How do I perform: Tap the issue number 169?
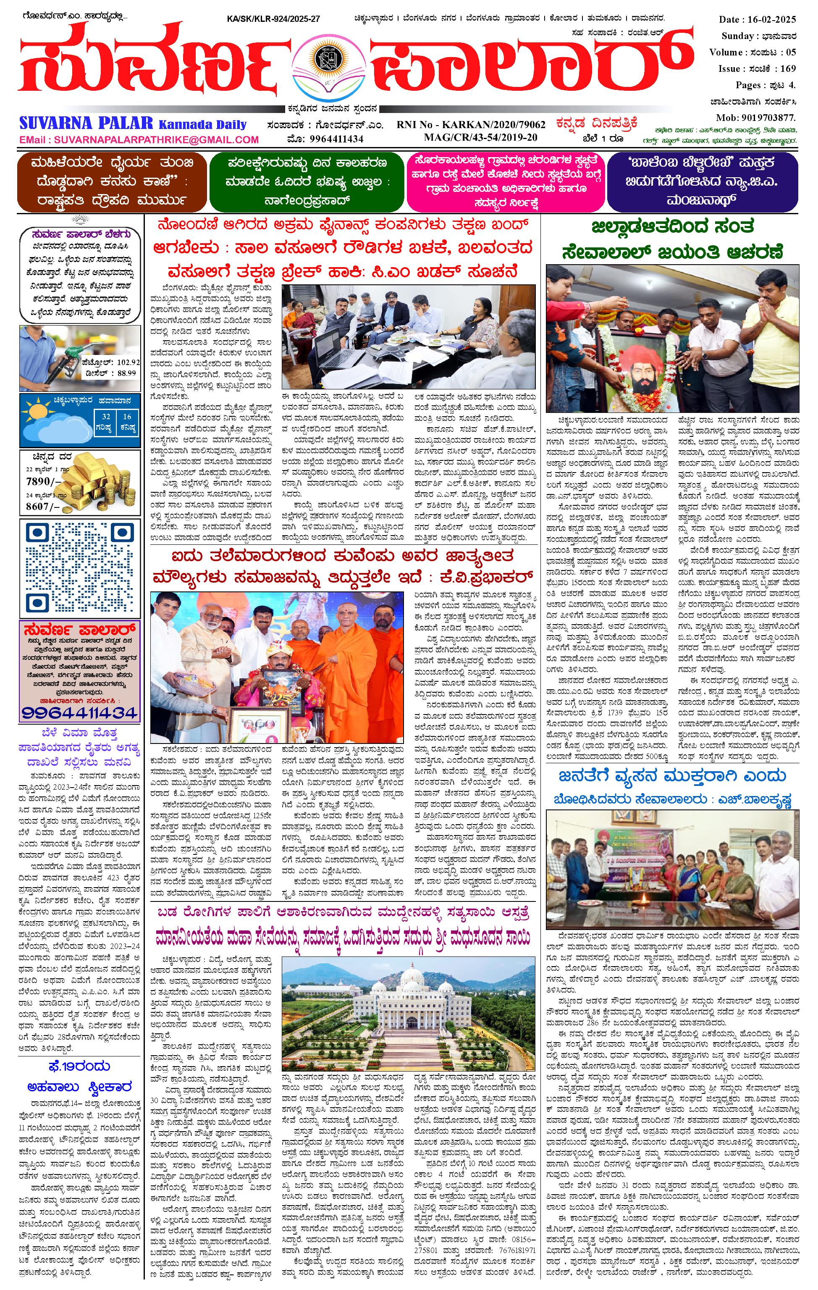click(788, 68)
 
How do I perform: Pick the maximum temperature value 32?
click(107, 416)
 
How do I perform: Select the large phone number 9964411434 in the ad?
click(80, 712)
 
